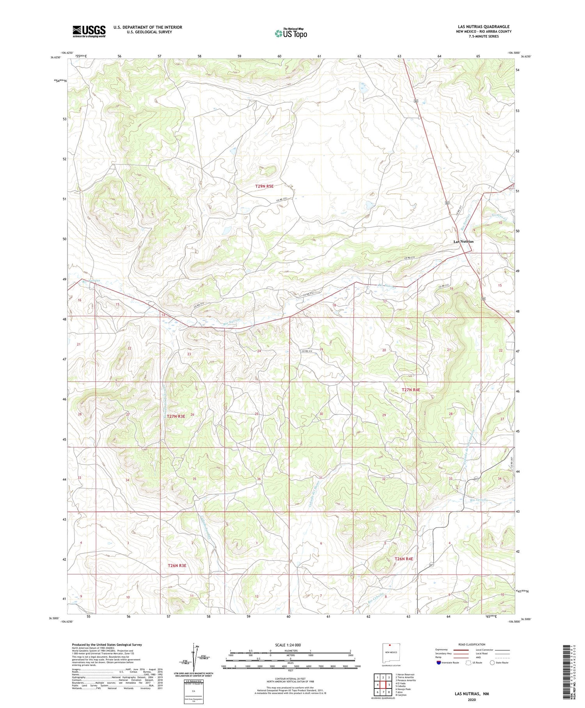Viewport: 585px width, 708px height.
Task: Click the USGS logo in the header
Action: pyautogui.click(x=89, y=31)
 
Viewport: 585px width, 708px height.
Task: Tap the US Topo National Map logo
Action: pyautogui.click(x=291, y=33)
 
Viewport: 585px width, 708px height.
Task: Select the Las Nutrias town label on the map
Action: pyautogui.click(x=463, y=242)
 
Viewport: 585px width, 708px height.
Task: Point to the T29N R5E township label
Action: pyautogui.click(x=264, y=187)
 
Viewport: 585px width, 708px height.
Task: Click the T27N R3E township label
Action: pyautogui.click(x=176, y=417)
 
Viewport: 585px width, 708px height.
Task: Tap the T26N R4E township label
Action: pyautogui.click(x=404, y=559)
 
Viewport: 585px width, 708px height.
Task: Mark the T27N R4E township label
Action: pyautogui.click(x=411, y=390)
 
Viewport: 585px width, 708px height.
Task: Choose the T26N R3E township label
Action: pyautogui.click(x=177, y=565)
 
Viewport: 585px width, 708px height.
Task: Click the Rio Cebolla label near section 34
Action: pyautogui.click(x=479, y=500)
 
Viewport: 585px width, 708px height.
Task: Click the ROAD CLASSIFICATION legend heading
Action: pyautogui.click(x=472, y=644)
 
